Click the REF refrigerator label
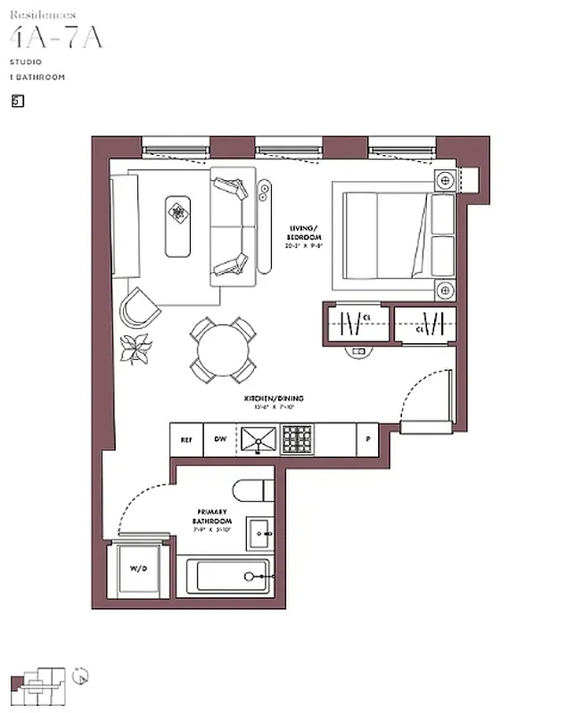[x=186, y=439]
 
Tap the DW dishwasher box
[x=218, y=439]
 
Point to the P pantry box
[x=366, y=439]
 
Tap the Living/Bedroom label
[x=303, y=236]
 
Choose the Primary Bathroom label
[x=214, y=520]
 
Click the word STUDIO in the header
[x=23, y=63]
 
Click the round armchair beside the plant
[x=139, y=307]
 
